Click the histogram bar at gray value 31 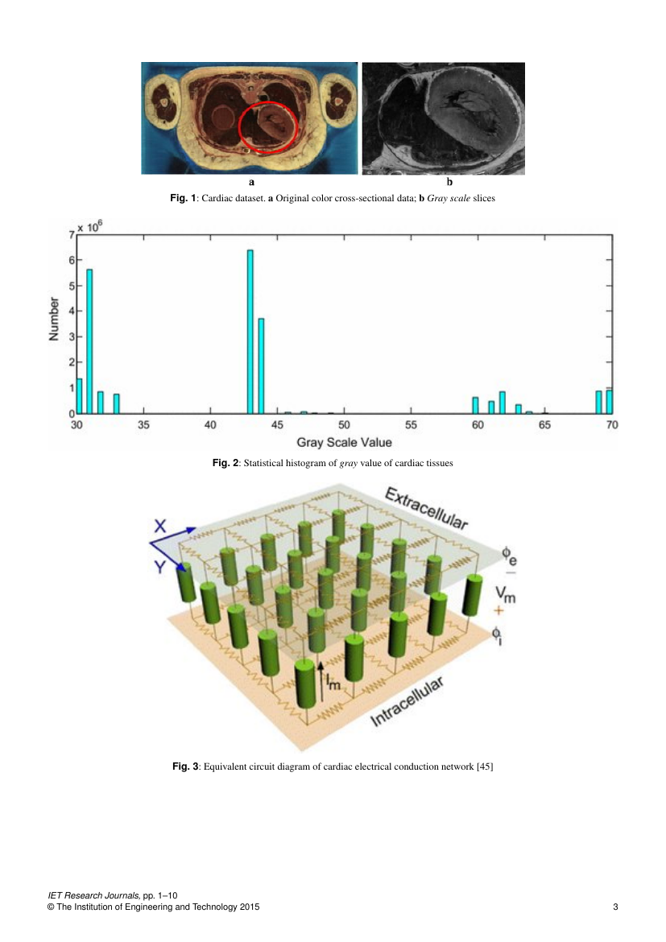89,341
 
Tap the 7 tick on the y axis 72,234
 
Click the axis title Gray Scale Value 344,442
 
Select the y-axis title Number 55,320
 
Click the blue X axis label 159,526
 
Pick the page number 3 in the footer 615,907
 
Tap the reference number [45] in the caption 484,766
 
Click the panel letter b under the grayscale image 449,182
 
